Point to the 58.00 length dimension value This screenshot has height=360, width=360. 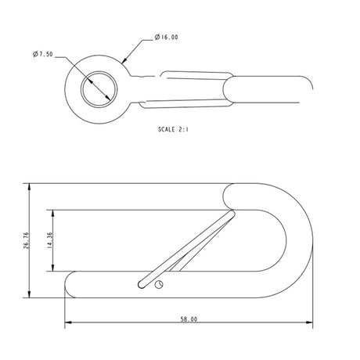click(189, 319)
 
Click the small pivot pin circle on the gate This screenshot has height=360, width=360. click(160, 285)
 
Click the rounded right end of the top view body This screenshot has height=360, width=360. click(308, 89)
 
